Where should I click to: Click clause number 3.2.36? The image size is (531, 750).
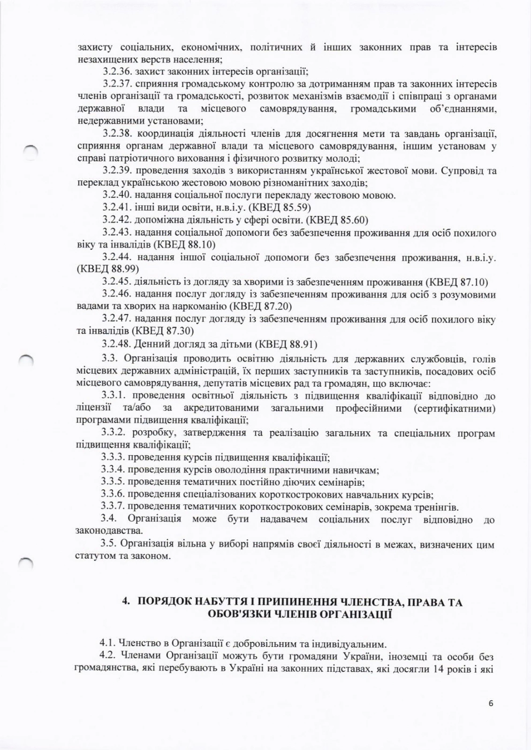tap(117, 72)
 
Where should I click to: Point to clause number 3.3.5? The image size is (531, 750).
tap(113, 482)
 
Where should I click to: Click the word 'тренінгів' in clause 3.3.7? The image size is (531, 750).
tap(440, 507)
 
